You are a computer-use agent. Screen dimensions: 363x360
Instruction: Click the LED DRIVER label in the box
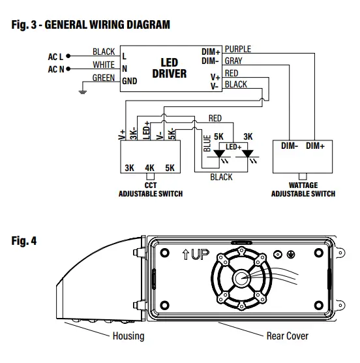[x=169, y=68]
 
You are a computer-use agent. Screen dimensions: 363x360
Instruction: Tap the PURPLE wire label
[x=237, y=49]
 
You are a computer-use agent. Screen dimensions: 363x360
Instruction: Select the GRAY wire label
[x=233, y=61]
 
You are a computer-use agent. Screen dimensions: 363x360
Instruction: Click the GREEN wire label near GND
[x=104, y=78]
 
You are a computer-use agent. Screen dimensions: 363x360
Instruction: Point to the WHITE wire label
[x=104, y=65]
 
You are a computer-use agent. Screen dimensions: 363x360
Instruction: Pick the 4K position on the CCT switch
[x=150, y=167]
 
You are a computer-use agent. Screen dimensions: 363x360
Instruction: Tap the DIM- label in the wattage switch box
[x=290, y=146]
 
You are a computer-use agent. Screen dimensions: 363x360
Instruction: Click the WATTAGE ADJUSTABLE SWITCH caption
[x=303, y=189]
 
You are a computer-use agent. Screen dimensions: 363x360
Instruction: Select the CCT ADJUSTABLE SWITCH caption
[x=150, y=189]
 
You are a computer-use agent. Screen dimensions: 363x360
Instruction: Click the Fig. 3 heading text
[x=91, y=25]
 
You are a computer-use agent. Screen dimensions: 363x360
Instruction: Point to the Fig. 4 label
[x=23, y=241]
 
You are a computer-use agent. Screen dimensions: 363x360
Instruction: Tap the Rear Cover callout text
[x=287, y=336]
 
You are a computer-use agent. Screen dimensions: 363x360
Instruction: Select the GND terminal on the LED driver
[x=129, y=81]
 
